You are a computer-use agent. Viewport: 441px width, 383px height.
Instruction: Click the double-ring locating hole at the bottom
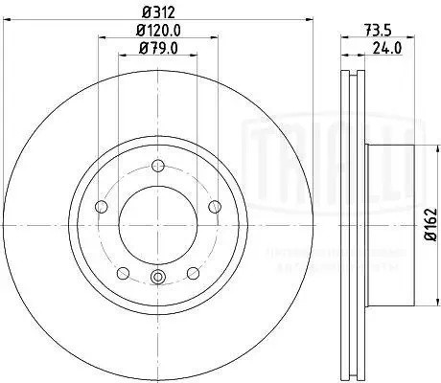pos(157,279)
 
